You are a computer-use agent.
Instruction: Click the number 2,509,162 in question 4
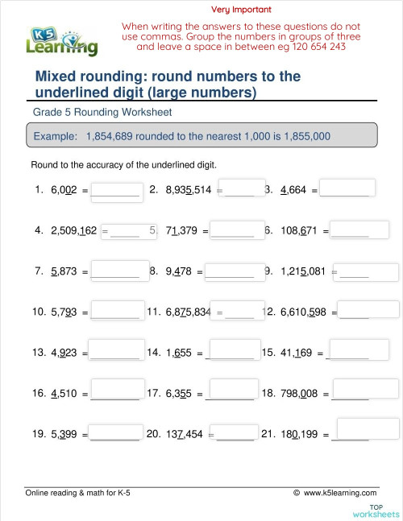(x=73, y=230)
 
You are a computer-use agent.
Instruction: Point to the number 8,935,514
(x=188, y=191)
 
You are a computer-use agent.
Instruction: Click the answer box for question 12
(x=369, y=309)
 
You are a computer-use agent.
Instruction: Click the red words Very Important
(x=241, y=10)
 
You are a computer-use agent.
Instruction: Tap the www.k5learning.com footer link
(x=340, y=492)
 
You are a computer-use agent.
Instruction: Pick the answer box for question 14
(x=233, y=349)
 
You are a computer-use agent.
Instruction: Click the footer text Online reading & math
(x=73, y=492)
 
